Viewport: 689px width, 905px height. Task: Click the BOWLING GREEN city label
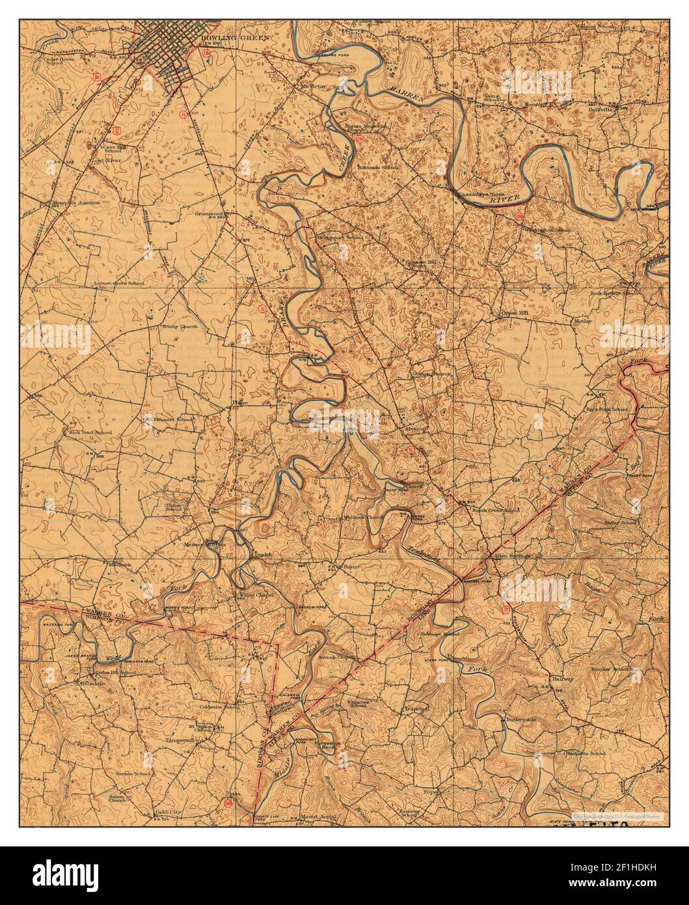tap(226, 40)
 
